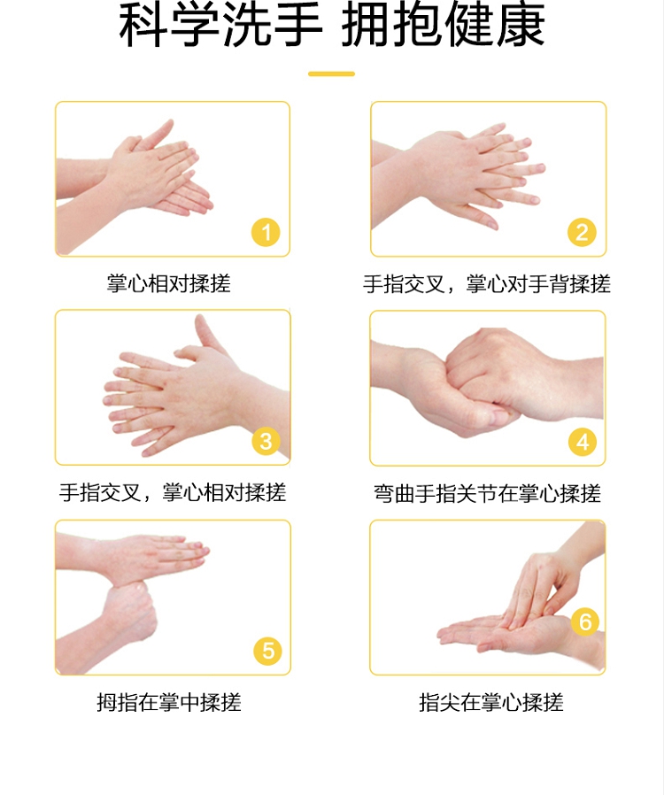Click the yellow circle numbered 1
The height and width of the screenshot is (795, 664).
click(x=266, y=233)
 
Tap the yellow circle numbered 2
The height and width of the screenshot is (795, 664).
click(x=582, y=233)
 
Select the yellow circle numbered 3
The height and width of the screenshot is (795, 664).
click(x=266, y=441)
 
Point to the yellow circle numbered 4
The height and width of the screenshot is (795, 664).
click(x=583, y=442)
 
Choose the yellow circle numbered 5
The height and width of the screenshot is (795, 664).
click(x=267, y=651)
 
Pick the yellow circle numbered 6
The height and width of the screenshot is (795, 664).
click(x=585, y=621)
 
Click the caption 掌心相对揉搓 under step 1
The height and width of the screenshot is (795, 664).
click(x=169, y=283)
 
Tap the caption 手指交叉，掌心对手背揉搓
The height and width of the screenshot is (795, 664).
click(x=487, y=284)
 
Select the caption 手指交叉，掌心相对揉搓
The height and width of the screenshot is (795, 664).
click(x=173, y=492)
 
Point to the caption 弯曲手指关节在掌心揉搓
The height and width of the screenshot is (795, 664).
click(x=488, y=493)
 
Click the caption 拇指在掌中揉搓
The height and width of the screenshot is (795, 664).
click(x=169, y=702)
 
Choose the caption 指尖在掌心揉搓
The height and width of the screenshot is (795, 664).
click(x=491, y=702)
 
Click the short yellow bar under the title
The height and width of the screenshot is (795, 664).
click(x=331, y=74)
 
